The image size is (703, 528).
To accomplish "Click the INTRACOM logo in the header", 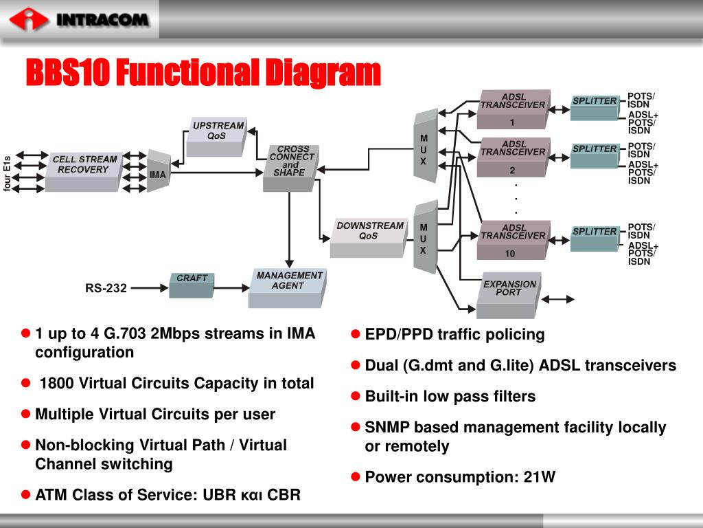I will coord(79,19).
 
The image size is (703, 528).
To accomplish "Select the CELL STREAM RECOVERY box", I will coord(84,168).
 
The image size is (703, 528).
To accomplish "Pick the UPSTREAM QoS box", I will coord(217,135).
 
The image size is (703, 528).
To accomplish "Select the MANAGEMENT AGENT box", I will coord(287,285).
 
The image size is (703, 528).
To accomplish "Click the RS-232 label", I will coord(106,288).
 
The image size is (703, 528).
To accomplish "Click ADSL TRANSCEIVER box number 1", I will coord(513,108).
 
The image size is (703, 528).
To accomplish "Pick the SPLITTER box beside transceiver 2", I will coord(595,155).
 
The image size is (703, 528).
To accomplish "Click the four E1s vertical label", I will coord(8,174).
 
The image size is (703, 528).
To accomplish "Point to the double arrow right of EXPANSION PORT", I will coord(558,299).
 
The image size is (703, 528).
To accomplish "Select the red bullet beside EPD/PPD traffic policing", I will coord(356,335).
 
